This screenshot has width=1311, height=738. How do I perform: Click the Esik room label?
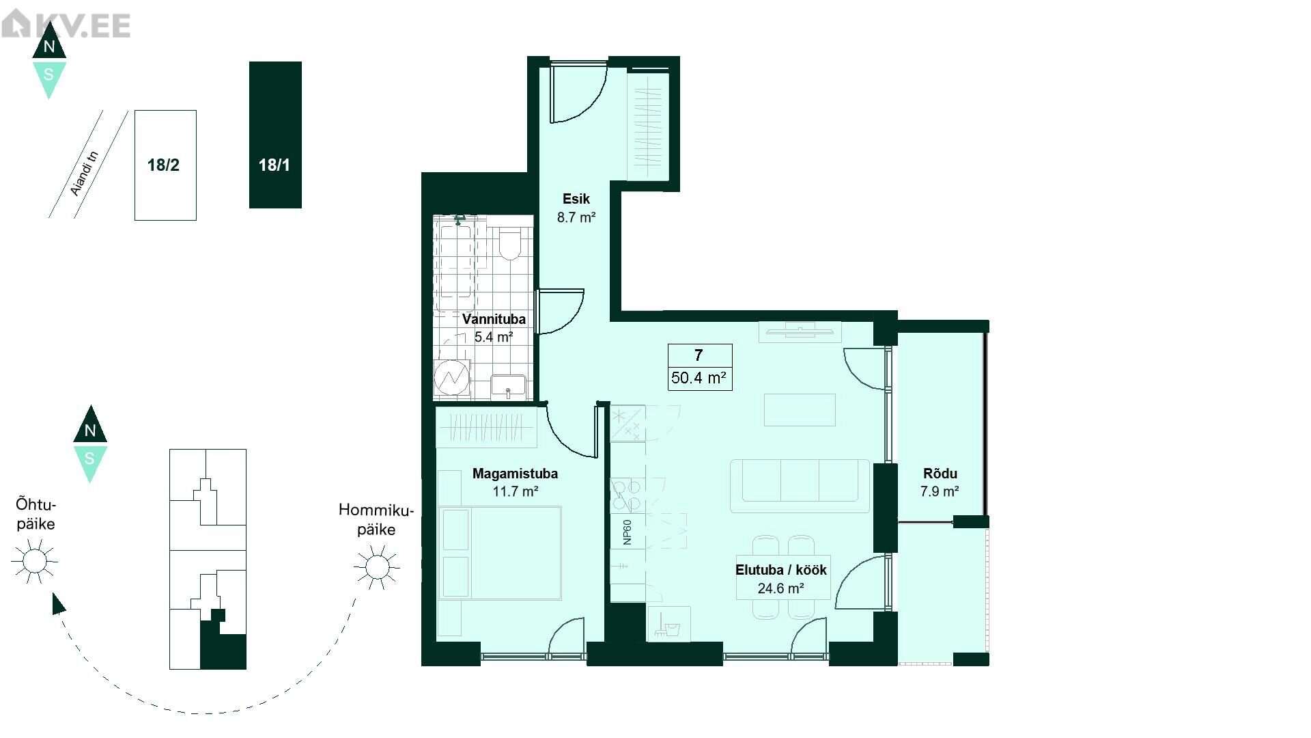tap(576, 199)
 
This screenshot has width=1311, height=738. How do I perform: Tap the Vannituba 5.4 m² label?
tap(494, 328)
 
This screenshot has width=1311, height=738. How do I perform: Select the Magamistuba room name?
tap(515, 474)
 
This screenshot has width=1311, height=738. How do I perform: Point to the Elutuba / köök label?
tap(781, 570)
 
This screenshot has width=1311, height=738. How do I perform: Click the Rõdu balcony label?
tap(940, 474)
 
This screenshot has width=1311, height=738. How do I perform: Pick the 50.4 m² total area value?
tap(699, 378)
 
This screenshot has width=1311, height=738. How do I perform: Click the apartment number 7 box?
tap(700, 367)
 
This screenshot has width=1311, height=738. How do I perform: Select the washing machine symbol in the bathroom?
tap(451, 377)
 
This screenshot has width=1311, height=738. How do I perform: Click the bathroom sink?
tap(508, 387)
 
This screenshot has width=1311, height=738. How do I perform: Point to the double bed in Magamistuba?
tap(500, 553)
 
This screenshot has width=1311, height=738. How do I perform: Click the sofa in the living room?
tap(800, 486)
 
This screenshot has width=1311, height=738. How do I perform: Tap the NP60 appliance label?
tap(628, 532)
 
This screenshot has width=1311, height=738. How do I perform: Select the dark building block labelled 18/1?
tap(275, 135)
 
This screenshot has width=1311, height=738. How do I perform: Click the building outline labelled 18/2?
tap(165, 165)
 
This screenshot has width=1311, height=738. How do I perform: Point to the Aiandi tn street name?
tap(85, 173)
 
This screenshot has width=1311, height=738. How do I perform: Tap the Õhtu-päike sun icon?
tap(34, 561)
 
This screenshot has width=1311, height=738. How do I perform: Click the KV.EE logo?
tap(66, 25)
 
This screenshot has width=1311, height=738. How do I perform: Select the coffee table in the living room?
tap(800, 409)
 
